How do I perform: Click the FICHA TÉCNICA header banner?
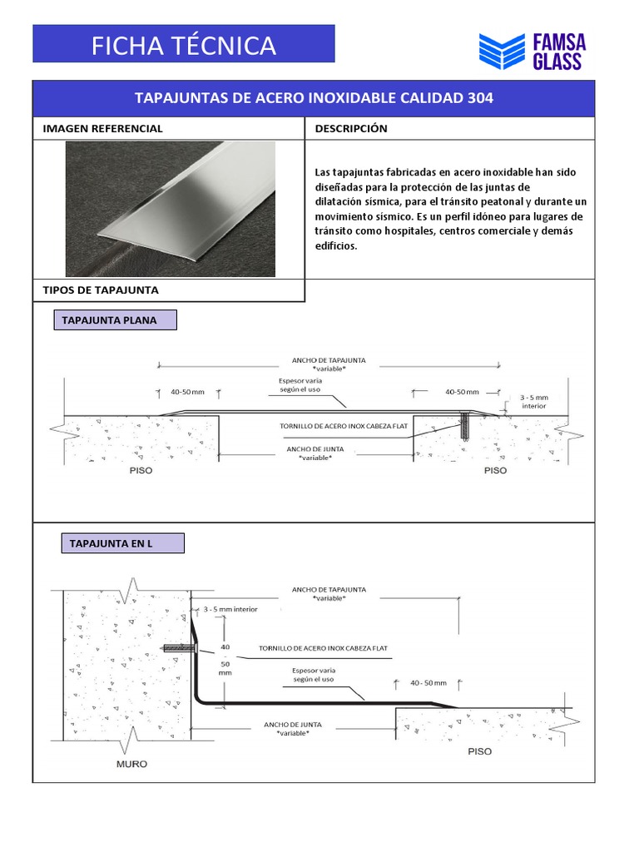coord(183,44)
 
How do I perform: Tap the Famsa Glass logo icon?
coord(502,52)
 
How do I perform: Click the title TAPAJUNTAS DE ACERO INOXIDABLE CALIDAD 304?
coord(314,98)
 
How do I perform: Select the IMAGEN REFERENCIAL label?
coord(102,129)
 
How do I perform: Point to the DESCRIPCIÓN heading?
coord(351,129)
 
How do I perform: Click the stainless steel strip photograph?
coord(170,209)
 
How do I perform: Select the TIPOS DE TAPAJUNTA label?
coord(101,290)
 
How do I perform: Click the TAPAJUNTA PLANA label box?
coord(115,320)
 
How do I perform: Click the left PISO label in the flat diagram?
coord(141,470)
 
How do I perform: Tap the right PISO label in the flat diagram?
coord(494,470)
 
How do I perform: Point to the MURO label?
coord(131,764)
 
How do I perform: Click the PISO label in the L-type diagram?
coord(479,751)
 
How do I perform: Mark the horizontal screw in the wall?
coord(176,648)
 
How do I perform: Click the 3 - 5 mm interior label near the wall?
coord(230,609)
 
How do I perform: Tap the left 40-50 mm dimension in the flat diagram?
coord(187,392)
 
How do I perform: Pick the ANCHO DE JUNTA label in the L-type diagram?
coord(293,729)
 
